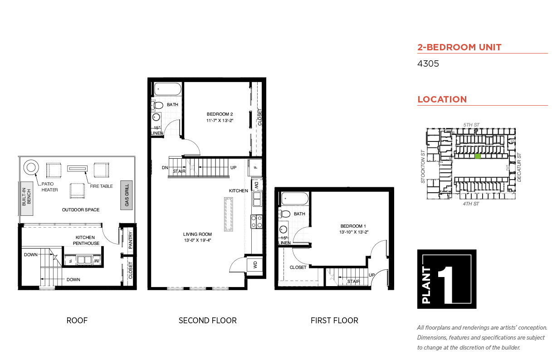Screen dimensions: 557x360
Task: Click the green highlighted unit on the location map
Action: pos(478,156)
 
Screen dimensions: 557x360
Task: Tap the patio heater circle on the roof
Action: pos(31,167)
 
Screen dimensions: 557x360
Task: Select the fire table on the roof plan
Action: pos(77,169)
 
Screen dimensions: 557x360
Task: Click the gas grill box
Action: pos(126,195)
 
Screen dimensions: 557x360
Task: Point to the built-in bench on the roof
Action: pos(27,199)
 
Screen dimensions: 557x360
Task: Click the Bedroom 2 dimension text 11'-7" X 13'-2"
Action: pos(220,121)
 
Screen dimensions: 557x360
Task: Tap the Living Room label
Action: pos(197,234)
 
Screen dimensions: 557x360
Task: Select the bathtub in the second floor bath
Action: pos(168,89)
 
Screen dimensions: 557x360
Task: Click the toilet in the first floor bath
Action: pos(285,214)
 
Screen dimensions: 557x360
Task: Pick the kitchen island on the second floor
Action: pos(229,214)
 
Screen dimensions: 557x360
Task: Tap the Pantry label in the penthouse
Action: pos(131,240)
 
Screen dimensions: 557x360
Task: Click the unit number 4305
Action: pos(428,63)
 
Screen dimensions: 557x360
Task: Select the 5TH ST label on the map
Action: pos(471,125)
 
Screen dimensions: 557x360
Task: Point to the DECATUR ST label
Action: pos(519,167)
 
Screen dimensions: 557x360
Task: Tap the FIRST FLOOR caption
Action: pos(334,321)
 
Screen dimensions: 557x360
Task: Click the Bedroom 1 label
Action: pos(353,226)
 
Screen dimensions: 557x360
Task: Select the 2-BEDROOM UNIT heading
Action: pos(459,47)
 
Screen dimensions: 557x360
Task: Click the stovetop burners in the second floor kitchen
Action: pos(256,222)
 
